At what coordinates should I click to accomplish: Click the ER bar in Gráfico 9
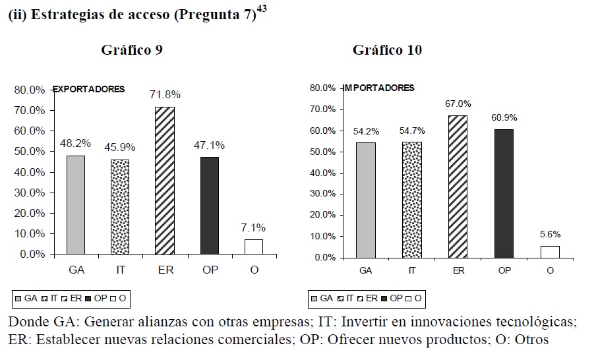point(165,180)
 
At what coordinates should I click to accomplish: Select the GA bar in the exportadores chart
point(75,204)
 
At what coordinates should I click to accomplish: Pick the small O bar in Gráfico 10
point(549,251)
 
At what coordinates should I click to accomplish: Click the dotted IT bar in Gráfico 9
point(120,207)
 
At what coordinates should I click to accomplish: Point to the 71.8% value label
point(165,95)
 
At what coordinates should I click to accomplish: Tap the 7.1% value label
point(253,227)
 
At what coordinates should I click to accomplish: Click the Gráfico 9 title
point(132,50)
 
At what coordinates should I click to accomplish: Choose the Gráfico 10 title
point(387,50)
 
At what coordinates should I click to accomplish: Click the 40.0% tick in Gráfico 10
point(325,173)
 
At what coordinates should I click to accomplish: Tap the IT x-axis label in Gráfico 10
point(412,271)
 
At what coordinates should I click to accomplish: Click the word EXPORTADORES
point(89,90)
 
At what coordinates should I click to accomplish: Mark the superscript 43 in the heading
point(262,11)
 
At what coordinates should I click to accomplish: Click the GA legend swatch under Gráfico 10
point(314,299)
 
